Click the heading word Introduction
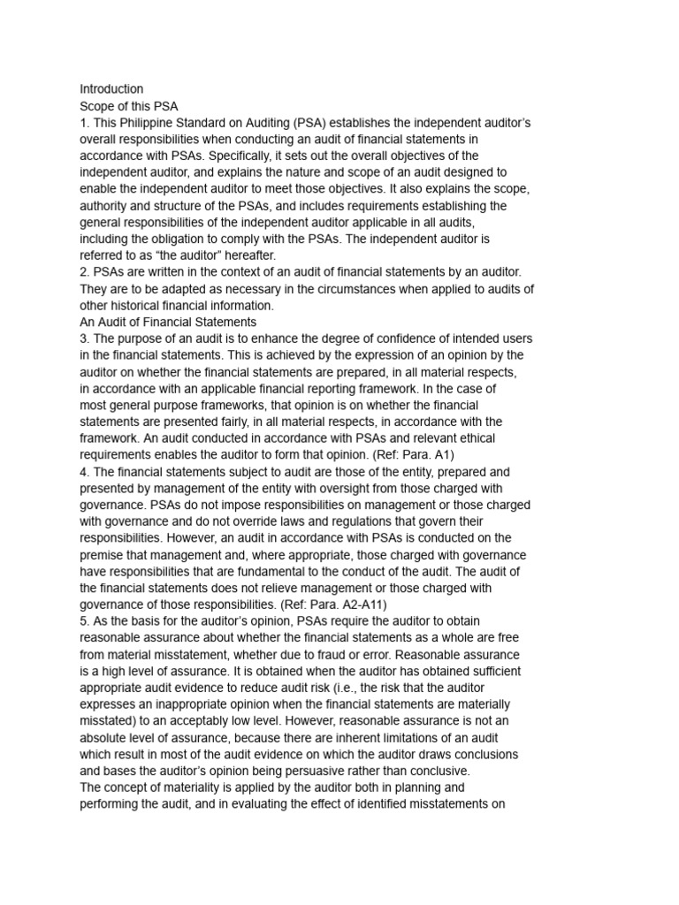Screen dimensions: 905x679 pos(111,89)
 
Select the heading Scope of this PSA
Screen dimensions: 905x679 pos(129,106)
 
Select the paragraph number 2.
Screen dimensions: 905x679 pos(85,273)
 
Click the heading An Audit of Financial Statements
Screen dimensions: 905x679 pos(168,323)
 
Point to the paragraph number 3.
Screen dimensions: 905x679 pos(85,339)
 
